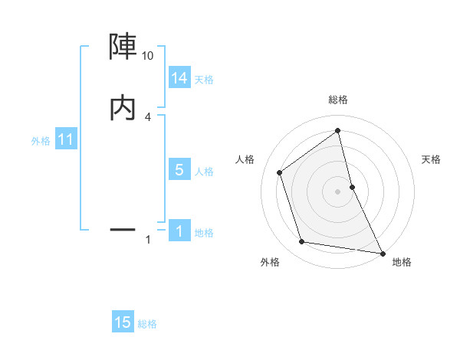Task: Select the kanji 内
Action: pyautogui.click(x=123, y=108)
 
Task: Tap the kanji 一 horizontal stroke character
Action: pyautogui.click(x=123, y=228)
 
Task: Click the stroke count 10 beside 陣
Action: pyautogui.click(x=147, y=56)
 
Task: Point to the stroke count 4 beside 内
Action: pyautogui.click(x=147, y=116)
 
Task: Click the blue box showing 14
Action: pyautogui.click(x=179, y=78)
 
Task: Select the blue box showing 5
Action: pyautogui.click(x=179, y=170)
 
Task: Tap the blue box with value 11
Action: pyautogui.click(x=66, y=140)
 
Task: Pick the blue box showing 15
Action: pyautogui.click(x=123, y=322)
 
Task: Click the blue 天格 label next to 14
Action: pyautogui.click(x=204, y=80)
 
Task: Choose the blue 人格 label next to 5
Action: pyautogui.click(x=204, y=172)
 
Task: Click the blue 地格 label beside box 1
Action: pyautogui.click(x=204, y=233)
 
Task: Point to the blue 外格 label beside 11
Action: pyautogui.click(x=41, y=141)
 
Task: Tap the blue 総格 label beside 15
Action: pyautogui.click(x=147, y=324)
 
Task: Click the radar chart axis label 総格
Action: pyautogui.click(x=337, y=100)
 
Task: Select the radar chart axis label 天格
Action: pyautogui.click(x=431, y=159)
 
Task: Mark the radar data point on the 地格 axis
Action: pyautogui.click(x=382, y=253)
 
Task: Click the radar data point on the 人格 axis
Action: pyautogui.click(x=280, y=172)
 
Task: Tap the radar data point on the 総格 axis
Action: pyautogui.click(x=337, y=130)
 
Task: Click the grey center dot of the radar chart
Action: pyautogui.click(x=337, y=191)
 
